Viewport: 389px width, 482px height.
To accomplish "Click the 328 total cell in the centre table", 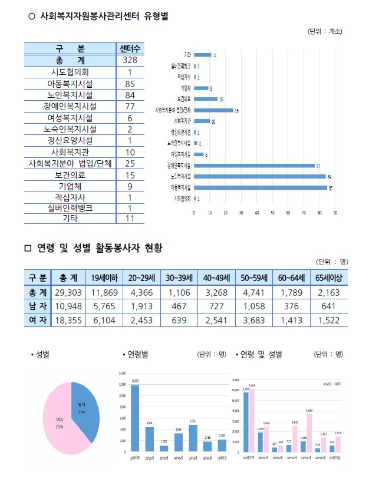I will coord(130,61).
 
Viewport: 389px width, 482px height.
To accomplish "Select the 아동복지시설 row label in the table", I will coord(71,84).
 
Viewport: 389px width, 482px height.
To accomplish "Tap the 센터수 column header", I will coord(130,49).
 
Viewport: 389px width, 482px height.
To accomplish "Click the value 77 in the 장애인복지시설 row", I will coord(130,106).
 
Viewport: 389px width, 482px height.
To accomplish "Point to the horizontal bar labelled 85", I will coord(260,188).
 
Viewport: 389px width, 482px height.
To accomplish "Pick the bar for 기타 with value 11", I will coord(202,55).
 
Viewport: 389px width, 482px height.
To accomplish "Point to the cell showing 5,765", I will coord(105,306).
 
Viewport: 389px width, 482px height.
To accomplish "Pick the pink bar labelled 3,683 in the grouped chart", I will coord(310,432).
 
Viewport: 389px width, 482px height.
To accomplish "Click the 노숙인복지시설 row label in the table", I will coord(71,129).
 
